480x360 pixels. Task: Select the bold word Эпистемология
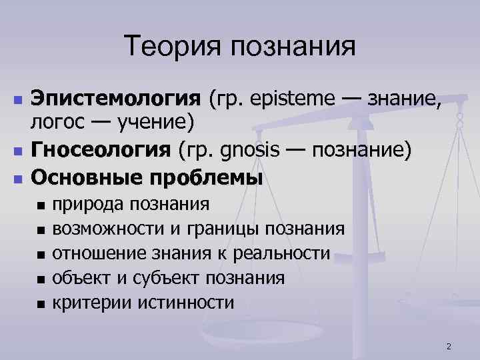pyautogui.click(x=115, y=100)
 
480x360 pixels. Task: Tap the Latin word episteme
pyautogui.click(x=298, y=100)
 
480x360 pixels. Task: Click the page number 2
pyautogui.click(x=449, y=346)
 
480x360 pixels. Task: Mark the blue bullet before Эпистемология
pyautogui.click(x=18, y=100)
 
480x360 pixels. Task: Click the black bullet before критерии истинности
pyautogui.click(x=41, y=303)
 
